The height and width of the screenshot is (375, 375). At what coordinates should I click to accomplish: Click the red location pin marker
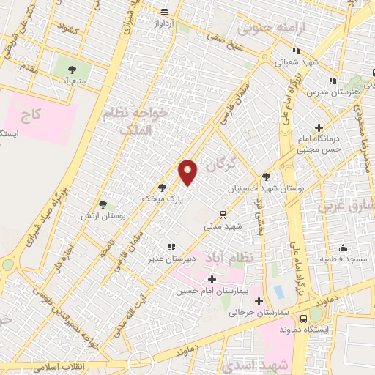(188, 172)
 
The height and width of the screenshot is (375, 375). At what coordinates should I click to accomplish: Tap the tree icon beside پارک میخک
(162, 187)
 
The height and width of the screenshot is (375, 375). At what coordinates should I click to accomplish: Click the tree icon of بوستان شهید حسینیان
(266, 177)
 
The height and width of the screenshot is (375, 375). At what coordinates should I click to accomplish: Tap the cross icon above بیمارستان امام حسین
(212, 279)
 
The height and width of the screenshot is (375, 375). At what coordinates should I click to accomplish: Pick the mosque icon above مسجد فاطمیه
(342, 248)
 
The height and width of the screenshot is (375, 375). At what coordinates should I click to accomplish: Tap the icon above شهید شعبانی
(296, 51)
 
